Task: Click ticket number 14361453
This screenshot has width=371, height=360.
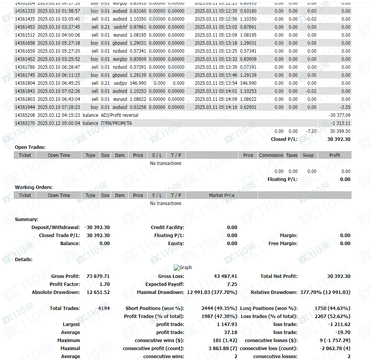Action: [25, 27]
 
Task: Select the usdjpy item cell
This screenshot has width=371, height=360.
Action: [119, 83]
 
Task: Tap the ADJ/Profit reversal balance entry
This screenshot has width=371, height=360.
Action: [119, 115]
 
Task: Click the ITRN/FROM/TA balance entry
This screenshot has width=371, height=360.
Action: [116, 123]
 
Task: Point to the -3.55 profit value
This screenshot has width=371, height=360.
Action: [345, 107]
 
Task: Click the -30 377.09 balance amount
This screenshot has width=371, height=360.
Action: [339, 115]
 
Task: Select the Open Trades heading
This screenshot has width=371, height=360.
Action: [30, 147]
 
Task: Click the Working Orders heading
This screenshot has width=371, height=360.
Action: [34, 187]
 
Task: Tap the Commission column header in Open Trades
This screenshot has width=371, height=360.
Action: [271, 155]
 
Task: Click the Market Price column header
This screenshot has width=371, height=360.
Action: [221, 195]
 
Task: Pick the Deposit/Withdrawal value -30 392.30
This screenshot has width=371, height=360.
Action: [97, 228]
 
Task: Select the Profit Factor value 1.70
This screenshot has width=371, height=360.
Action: [104, 284]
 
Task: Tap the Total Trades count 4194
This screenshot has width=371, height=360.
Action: [103, 308]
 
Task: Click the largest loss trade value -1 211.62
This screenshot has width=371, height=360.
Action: [339, 324]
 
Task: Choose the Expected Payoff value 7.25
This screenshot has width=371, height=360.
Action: [232, 284]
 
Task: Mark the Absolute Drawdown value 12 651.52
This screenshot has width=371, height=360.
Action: [98, 292]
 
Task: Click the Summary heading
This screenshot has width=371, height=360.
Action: [26, 220]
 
